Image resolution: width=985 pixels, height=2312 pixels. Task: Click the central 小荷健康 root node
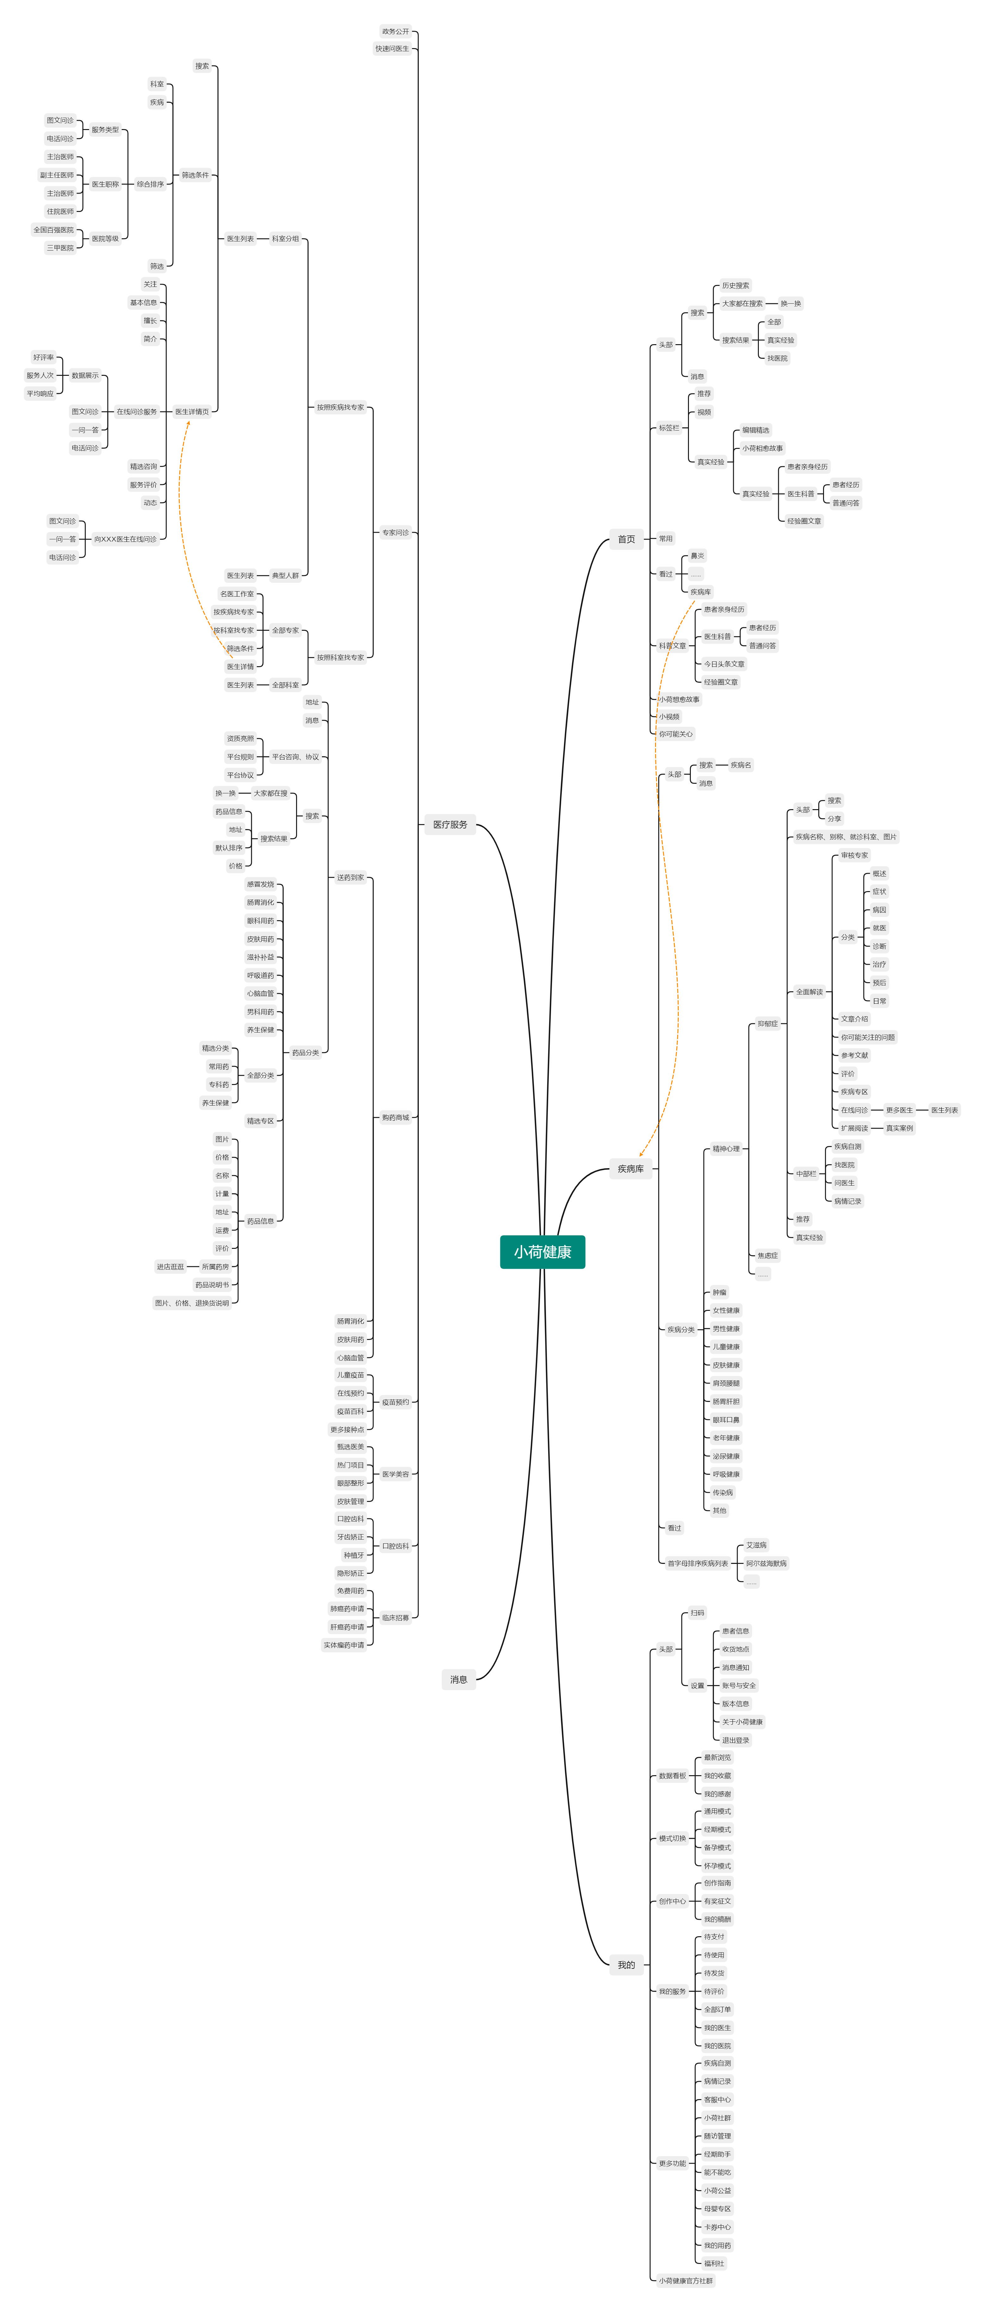coord(542,1251)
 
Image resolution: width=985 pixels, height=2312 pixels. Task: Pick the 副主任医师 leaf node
coord(57,175)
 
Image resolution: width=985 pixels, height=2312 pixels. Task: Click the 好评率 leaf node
coord(43,357)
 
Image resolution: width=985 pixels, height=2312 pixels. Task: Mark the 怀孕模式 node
coord(717,1865)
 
